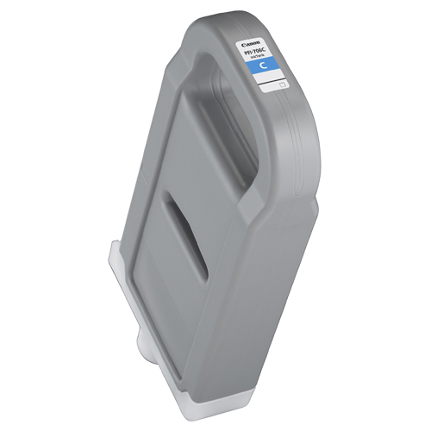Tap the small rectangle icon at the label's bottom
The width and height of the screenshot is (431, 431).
coord(281,85)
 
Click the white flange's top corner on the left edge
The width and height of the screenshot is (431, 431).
coord(112,245)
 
